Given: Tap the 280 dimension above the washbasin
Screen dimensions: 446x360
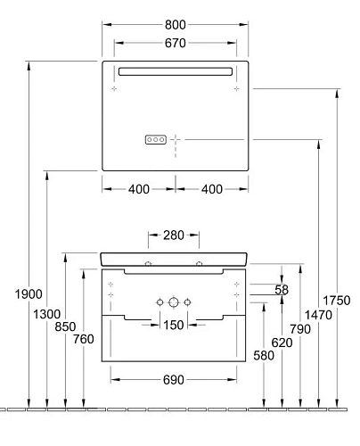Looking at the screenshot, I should coord(175,235).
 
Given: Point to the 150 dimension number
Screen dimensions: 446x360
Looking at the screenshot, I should coord(175,325).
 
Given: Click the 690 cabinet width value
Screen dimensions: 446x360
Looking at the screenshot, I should coord(175,380).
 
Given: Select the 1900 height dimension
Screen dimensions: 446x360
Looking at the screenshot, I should coord(29,295).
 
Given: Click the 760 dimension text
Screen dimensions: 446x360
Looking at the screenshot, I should coord(83,338).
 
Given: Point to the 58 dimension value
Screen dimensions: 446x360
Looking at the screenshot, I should coord(282,290).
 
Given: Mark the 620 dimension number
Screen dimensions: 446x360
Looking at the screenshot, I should coord(282,342).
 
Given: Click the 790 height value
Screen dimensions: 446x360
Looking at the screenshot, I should coord(300,329).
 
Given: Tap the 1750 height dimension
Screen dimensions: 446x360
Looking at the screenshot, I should coord(337,300).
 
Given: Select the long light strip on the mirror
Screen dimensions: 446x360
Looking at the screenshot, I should coord(175,71).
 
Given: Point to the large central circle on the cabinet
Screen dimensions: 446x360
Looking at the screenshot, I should coord(175,302).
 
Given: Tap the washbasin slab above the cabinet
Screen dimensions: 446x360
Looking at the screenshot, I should coord(175,258).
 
